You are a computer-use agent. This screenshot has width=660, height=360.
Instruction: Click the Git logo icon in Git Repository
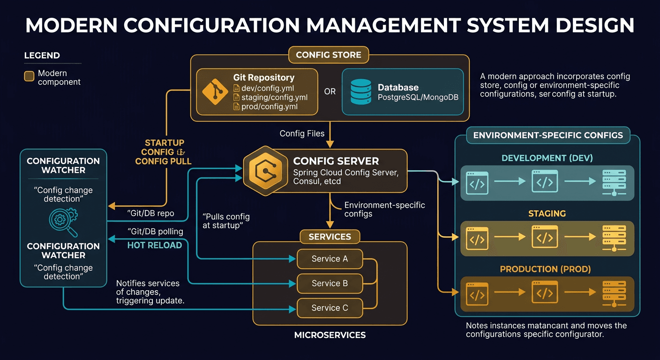pyautogui.click(x=215, y=92)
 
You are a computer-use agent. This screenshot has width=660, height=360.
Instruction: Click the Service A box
pyautogui.click(x=330, y=259)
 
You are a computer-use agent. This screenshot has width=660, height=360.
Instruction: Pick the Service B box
pyautogui.click(x=330, y=283)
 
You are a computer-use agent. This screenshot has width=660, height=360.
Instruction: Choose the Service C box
pyautogui.click(x=330, y=308)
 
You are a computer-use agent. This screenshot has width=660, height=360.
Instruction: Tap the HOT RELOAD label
pyautogui.click(x=155, y=245)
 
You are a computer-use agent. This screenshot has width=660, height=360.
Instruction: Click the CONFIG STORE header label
pyautogui.click(x=329, y=55)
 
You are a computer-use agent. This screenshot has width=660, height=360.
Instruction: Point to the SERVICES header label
pyautogui.click(x=330, y=237)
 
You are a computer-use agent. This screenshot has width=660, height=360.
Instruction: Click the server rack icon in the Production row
pyautogui.click(x=614, y=294)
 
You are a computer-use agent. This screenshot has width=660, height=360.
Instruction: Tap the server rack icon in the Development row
pyautogui.click(x=614, y=183)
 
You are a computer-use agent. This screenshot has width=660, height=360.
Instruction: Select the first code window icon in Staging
pyautogui.click(x=477, y=238)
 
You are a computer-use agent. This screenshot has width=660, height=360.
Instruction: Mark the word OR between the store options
pyautogui.click(x=330, y=91)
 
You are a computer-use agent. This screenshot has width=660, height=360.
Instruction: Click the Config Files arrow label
pyautogui.click(x=302, y=134)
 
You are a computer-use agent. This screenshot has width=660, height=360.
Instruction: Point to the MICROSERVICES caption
pyautogui.click(x=330, y=335)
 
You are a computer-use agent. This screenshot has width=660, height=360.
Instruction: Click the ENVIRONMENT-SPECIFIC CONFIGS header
pyautogui.click(x=547, y=135)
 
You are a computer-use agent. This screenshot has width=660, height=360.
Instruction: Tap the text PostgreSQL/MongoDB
pyautogui.click(x=418, y=97)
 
